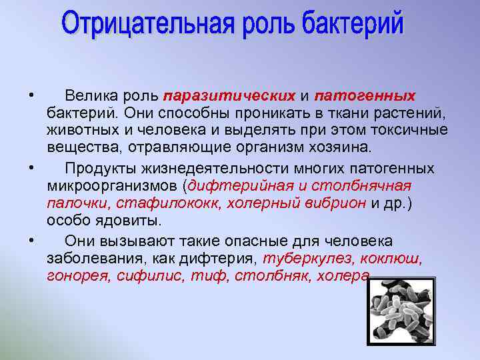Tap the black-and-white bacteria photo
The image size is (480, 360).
click(401, 311)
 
